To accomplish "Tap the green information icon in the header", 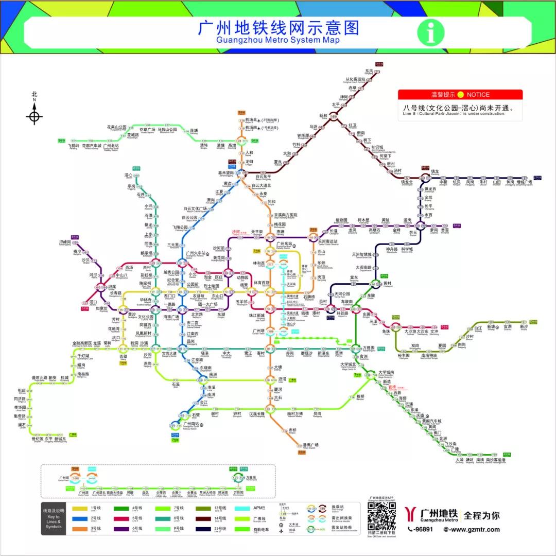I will [430, 32].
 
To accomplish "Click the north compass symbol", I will [34, 115].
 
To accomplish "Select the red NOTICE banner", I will [460, 95].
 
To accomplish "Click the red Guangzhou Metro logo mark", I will [411, 515].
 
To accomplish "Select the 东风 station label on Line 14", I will [369, 71].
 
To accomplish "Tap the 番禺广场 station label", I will [310, 445].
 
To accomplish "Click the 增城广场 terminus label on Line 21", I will [524, 182].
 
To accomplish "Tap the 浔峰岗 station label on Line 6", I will [64, 242].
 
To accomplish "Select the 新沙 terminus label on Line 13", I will [524, 326].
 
